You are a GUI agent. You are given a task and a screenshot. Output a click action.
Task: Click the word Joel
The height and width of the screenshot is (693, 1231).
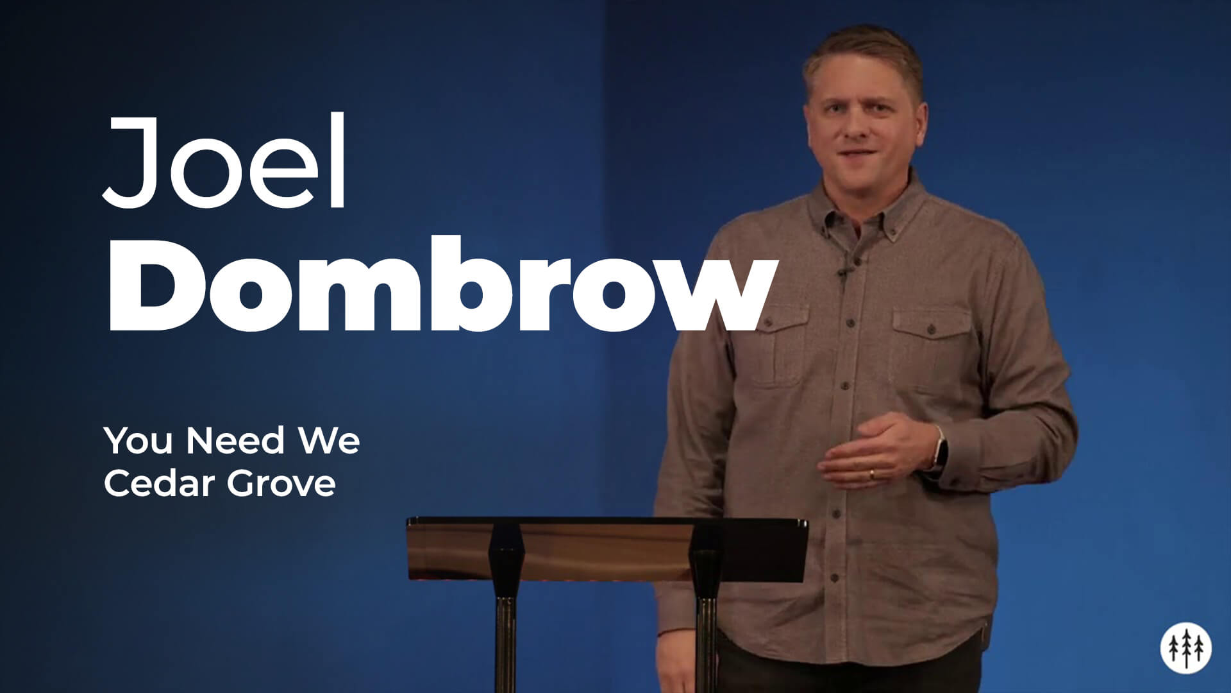click(224, 162)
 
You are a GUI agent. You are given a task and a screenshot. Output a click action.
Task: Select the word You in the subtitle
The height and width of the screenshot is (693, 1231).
click(137, 441)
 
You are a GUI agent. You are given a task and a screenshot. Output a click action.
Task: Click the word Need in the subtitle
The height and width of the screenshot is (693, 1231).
click(235, 441)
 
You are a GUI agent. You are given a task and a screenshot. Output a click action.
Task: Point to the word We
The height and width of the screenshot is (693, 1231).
click(328, 441)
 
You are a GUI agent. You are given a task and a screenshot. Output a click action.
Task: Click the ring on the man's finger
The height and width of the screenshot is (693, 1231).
click(871, 475)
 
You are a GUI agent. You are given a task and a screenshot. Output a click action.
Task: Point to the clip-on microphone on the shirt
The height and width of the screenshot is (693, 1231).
click(844, 272)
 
